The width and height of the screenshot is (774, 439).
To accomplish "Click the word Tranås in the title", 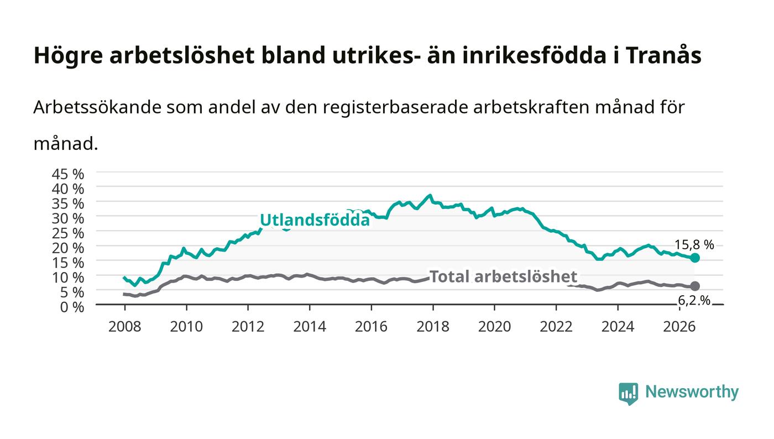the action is [x=663, y=55].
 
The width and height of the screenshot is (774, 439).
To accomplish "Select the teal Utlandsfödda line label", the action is [x=315, y=220].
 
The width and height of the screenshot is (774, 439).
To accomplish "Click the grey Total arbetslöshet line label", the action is [x=503, y=276].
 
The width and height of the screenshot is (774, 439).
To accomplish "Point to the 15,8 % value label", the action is [x=694, y=245].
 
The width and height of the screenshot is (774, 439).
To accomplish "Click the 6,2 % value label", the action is [x=694, y=301].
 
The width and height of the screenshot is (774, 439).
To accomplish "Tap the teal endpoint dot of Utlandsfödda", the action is [x=695, y=258].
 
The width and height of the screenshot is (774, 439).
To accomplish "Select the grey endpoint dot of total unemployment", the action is [x=695, y=286].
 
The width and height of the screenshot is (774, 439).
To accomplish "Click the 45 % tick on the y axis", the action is [x=68, y=174].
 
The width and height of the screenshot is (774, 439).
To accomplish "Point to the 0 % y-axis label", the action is [x=72, y=307].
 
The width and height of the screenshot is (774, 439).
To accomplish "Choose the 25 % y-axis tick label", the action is [x=68, y=233].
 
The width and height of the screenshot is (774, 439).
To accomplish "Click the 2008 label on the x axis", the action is [x=125, y=327].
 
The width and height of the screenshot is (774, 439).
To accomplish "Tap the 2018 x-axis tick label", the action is [x=432, y=327].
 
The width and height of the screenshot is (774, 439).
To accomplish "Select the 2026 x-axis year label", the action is [x=679, y=327].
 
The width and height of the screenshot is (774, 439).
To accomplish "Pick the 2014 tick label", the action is [x=310, y=327].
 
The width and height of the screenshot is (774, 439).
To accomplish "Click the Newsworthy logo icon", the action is [x=629, y=394].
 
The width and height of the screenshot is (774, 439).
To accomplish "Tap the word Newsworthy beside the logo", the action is [x=692, y=392].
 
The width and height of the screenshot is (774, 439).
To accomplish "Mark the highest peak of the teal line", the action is [x=430, y=195].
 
